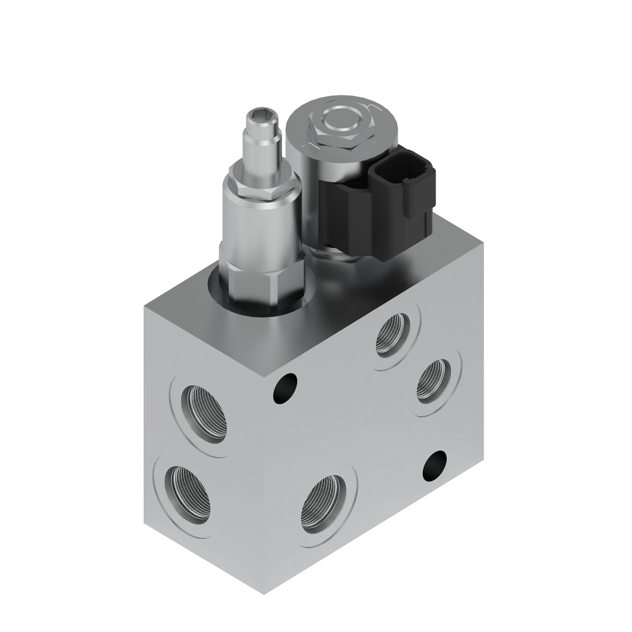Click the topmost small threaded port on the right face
(x=393, y=338)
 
